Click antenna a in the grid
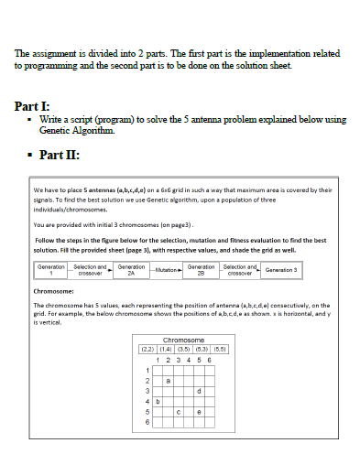click(x=168, y=380)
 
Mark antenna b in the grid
click(x=157, y=401)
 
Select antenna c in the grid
click(x=179, y=412)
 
